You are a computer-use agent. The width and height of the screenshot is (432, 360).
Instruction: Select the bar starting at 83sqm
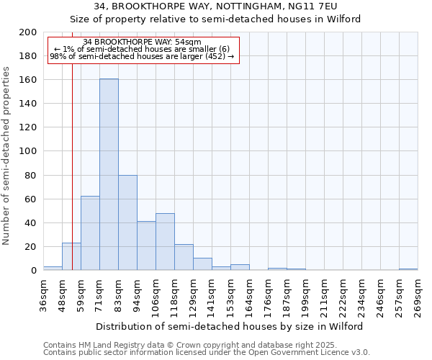127,222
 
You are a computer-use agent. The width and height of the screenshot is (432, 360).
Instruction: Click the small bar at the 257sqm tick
408,269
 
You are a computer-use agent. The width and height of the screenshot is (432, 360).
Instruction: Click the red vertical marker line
72,180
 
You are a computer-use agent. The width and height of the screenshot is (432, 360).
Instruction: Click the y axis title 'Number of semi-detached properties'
6,156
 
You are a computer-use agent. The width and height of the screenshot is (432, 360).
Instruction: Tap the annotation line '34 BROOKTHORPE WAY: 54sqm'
142,42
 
